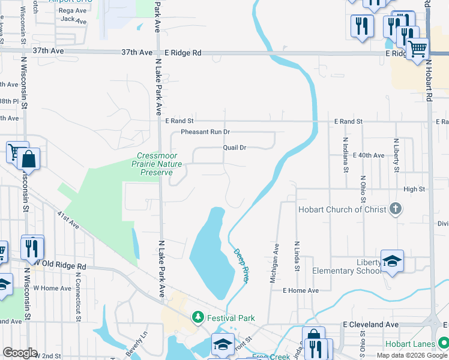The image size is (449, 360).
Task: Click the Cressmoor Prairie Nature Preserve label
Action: [157, 164]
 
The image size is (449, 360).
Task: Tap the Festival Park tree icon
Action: [196, 317]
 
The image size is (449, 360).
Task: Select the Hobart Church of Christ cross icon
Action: [394, 209]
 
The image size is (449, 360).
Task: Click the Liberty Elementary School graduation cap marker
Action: [392, 260]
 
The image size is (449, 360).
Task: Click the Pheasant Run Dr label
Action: [205, 131]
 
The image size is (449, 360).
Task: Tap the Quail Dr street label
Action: [235, 147]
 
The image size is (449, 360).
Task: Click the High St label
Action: [414, 189]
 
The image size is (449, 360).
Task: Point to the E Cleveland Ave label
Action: [370, 324]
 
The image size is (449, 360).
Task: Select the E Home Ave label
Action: [301, 290]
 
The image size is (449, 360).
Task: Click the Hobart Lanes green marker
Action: [443, 343]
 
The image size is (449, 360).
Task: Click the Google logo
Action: [20, 353]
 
